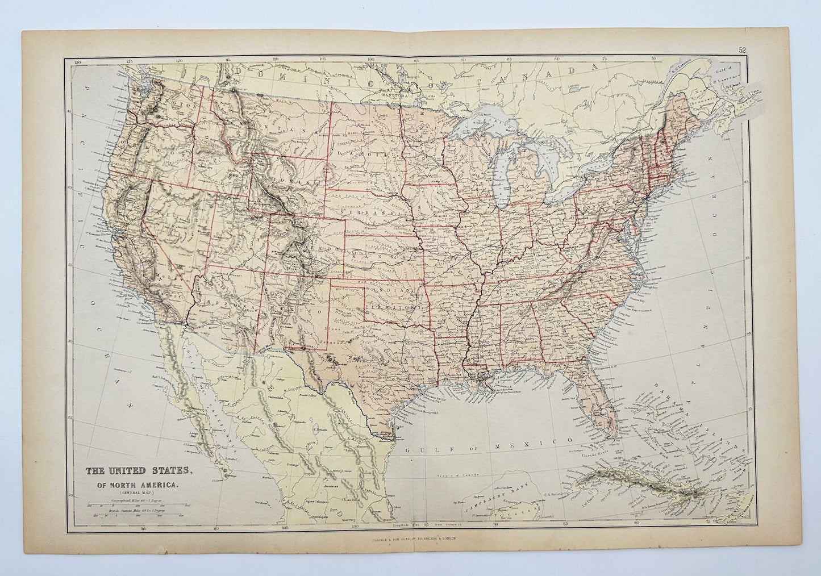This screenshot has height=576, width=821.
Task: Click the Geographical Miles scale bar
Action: [x=136, y=504]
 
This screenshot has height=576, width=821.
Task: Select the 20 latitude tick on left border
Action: [x=70, y=495]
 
